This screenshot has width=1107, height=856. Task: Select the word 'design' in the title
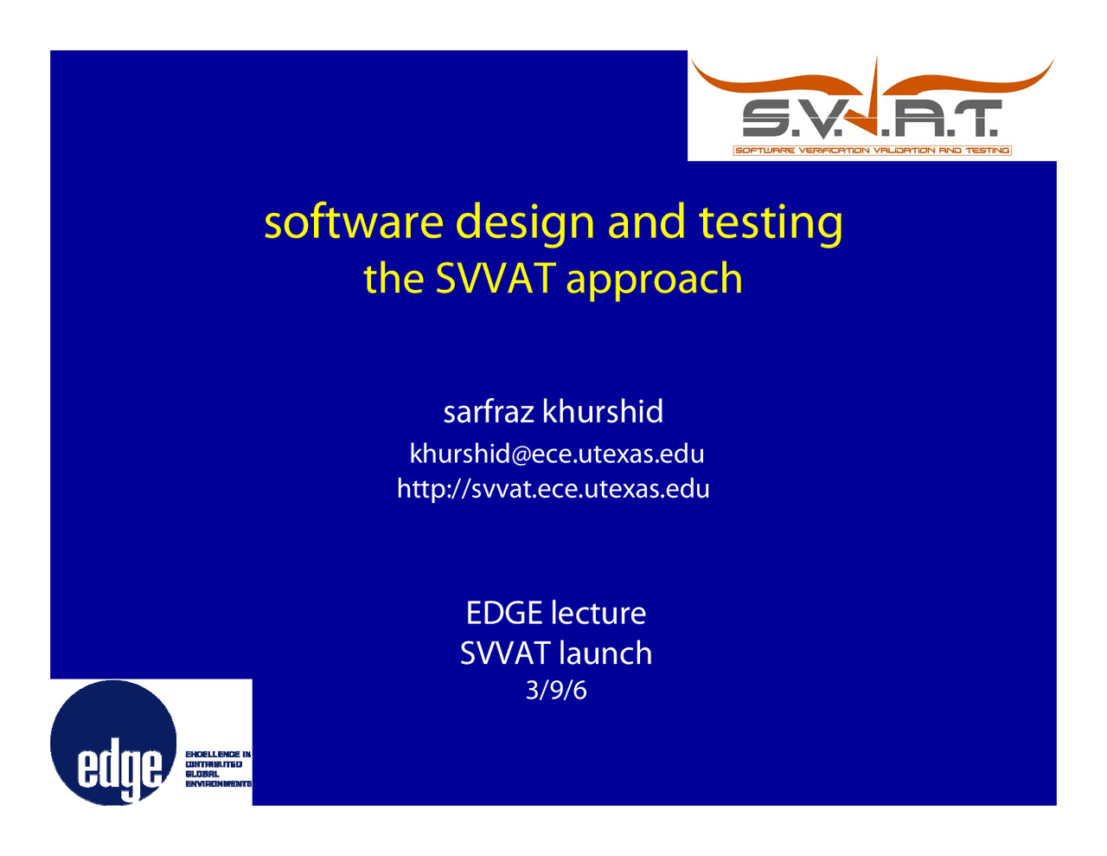click(526, 223)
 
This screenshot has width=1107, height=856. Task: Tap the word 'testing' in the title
click(771, 223)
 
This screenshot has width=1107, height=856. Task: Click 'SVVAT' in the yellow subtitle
click(495, 279)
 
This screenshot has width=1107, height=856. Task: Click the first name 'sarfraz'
click(489, 411)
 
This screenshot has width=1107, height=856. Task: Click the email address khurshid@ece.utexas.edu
click(556, 454)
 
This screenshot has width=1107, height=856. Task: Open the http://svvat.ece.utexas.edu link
click(553, 489)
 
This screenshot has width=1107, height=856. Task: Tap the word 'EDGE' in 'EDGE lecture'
click(503, 613)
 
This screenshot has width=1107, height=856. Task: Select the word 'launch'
click(605, 653)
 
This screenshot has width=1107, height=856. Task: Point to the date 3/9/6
click(556, 690)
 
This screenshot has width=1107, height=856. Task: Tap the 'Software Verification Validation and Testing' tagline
click(872, 151)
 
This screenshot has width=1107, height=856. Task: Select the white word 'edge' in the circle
click(120, 769)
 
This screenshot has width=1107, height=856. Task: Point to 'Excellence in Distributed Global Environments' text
click(218, 769)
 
